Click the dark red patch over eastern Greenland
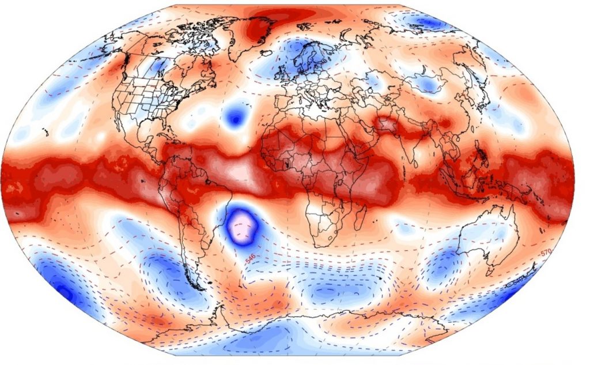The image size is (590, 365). [x=259, y=26]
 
